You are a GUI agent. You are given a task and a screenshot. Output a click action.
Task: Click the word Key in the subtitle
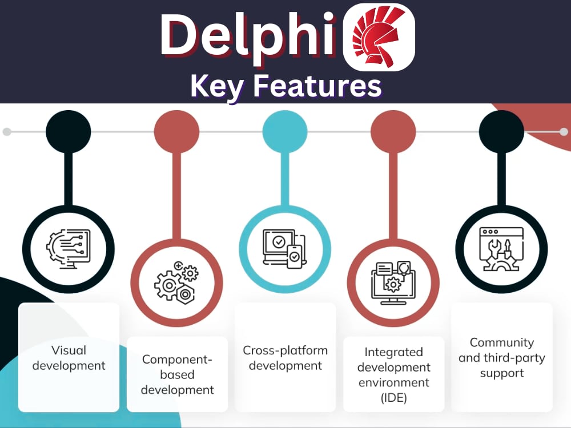[217, 87]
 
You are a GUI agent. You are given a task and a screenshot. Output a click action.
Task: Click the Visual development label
[69, 358]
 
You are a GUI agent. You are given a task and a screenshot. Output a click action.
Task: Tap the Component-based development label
[178, 374]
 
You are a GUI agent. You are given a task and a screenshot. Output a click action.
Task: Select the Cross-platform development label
[285, 358]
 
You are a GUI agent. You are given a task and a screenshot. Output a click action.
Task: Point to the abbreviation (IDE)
[393, 398]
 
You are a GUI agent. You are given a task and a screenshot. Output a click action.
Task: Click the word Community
[502, 342]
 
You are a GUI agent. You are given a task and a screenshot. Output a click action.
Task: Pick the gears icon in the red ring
[176, 282]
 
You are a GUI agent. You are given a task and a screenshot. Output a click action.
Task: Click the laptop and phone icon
[285, 249]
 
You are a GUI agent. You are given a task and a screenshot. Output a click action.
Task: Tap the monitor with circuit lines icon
[68, 249]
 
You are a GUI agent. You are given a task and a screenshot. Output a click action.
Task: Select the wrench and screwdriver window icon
[501, 249]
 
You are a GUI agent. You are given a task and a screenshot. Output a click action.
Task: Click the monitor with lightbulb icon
[393, 282]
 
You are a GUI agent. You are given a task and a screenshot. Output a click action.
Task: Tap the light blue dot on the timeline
[285, 131]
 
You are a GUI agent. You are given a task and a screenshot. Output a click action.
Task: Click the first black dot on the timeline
[68, 131]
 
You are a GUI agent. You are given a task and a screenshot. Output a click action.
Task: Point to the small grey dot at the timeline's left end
[7, 132]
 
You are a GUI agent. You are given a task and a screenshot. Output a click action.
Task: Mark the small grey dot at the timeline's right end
[564, 132]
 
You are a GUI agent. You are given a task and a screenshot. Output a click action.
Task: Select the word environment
[393, 382]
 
